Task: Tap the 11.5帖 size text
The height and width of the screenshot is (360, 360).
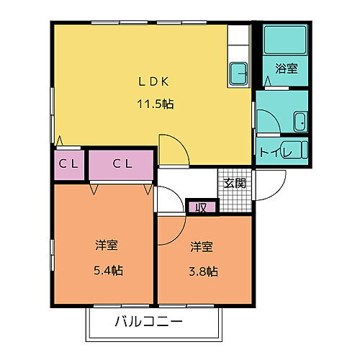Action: point(156,103)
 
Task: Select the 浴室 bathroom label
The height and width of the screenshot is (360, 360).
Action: point(287,69)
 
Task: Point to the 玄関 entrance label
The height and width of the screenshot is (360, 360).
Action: point(234,183)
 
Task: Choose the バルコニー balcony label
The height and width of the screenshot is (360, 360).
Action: point(148,321)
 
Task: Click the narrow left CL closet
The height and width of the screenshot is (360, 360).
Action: point(68,163)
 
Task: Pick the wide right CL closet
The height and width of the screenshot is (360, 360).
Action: point(122,163)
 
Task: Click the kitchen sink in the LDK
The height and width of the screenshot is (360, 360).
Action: point(238,72)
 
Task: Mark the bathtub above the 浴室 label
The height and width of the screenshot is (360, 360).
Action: point(284,42)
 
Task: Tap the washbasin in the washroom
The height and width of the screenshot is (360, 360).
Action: point(300,122)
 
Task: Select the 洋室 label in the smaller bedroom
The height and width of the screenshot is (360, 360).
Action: point(202,247)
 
